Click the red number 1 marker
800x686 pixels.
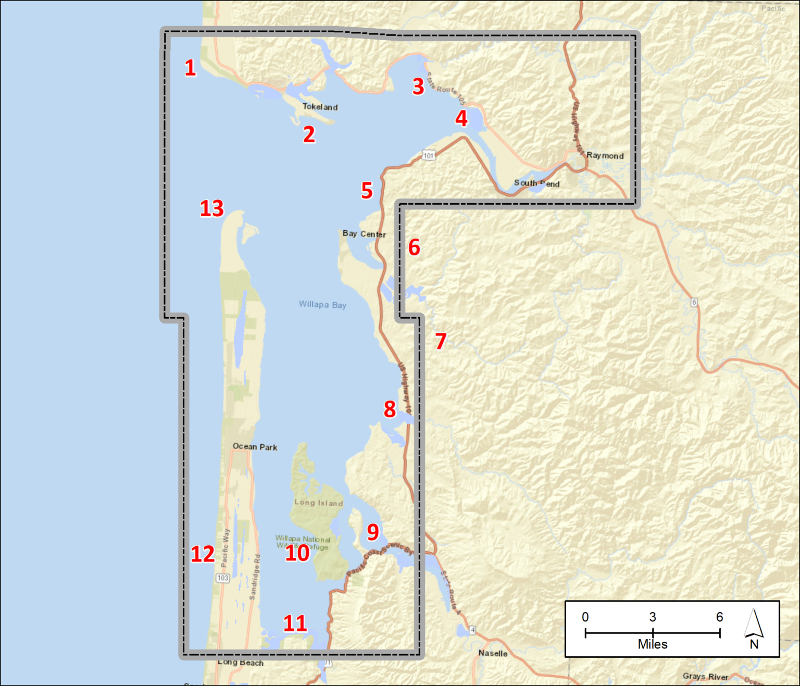[x=190, y=68]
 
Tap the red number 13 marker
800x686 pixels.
[x=212, y=209]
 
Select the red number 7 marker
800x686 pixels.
[x=441, y=342]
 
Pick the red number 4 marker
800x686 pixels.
[x=461, y=119]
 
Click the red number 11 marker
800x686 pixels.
[x=295, y=623]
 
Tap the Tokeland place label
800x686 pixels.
[x=320, y=107]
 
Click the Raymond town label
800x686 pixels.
[x=605, y=155]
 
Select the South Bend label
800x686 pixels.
[x=536, y=183]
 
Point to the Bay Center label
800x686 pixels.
[x=364, y=234]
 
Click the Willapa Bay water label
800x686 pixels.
[x=322, y=305]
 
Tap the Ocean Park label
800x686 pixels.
[x=255, y=447]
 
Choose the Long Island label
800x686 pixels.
[x=318, y=503]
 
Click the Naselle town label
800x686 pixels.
[x=493, y=653]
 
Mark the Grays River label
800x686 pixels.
[x=705, y=677]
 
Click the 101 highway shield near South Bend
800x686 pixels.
[x=429, y=155]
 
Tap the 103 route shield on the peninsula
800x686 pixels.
[x=223, y=578]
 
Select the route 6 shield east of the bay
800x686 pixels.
[x=694, y=302]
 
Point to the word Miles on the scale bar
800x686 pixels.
[x=653, y=644]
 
